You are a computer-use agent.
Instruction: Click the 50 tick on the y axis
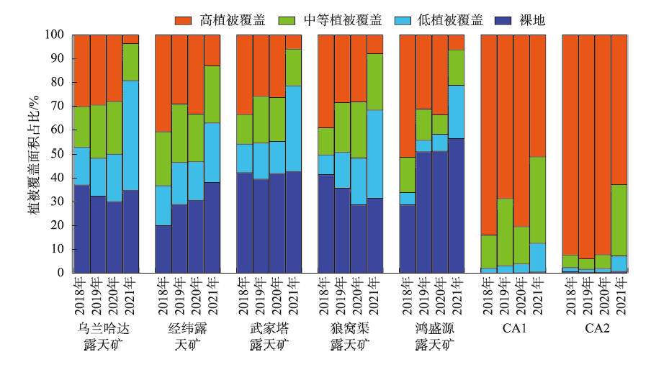pyautogui.click(x=60, y=154)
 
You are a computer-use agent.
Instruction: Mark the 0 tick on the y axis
pyautogui.click(x=63, y=273)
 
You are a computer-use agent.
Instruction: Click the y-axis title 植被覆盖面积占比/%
pyautogui.click(x=34, y=153)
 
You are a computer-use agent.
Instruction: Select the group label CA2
pyautogui.click(x=595, y=328)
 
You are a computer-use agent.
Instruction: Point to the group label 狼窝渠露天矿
pyautogui.click(x=350, y=336)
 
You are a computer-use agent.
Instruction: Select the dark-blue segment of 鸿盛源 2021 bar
pyautogui.click(x=457, y=206)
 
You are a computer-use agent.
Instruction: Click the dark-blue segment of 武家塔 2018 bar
pyautogui.click(x=245, y=222)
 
